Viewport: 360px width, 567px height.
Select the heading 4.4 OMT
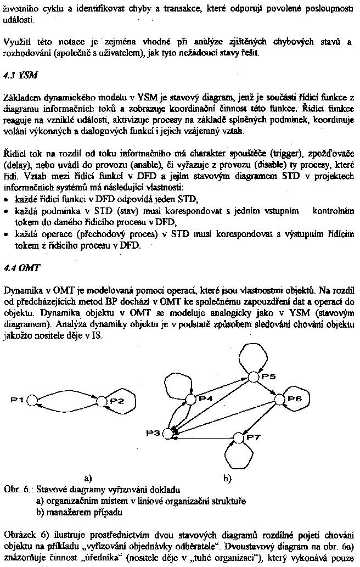click(x=19, y=268)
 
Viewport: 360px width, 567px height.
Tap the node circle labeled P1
click(x=31, y=400)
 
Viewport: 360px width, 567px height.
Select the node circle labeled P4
click(x=190, y=399)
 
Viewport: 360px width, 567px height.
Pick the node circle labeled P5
click(x=252, y=377)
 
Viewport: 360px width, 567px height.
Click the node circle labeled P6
click(x=279, y=398)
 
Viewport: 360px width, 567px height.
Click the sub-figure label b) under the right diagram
click(x=227, y=478)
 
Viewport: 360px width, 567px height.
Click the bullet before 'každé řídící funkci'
click(x=7, y=199)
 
